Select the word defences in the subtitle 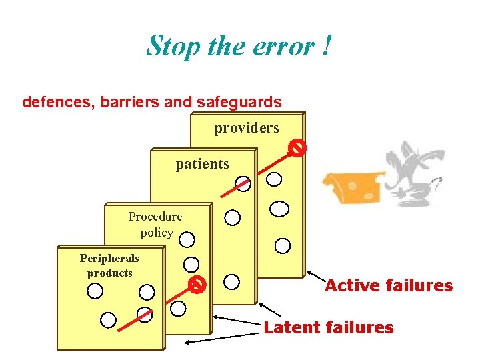pos(57,102)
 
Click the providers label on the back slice pos(246,127)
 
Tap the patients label pos(202,164)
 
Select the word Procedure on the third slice pos(155,216)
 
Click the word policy pos(157,233)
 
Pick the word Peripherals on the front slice pos(109,258)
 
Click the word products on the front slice pos(109,273)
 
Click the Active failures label pos(389,286)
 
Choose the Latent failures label pos(329,327)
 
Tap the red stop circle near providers pos(297,148)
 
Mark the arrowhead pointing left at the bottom pos(187,342)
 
